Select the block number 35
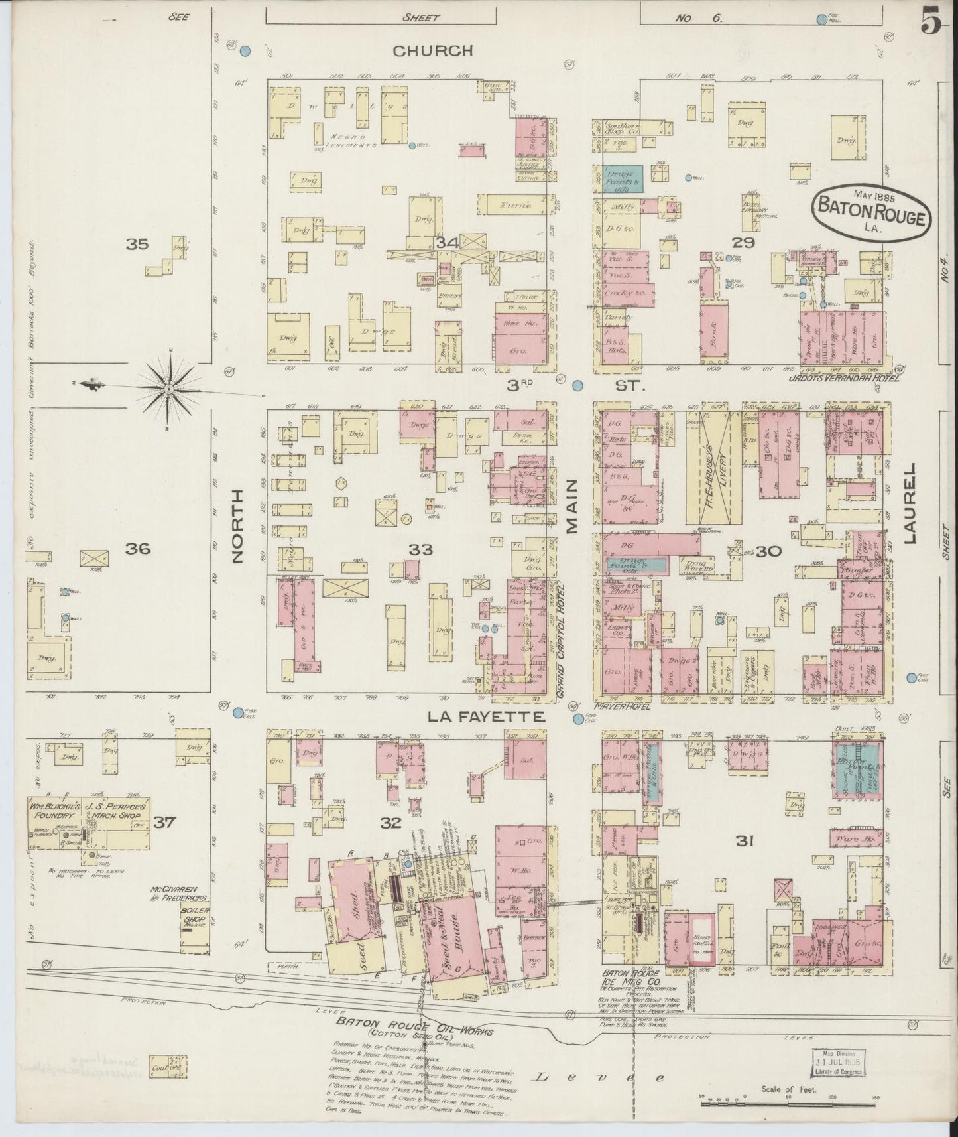137,244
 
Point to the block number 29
743,243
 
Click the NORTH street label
239,526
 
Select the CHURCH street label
432,50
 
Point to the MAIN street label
572,507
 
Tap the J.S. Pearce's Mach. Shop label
117,811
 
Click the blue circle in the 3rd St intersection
577,385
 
